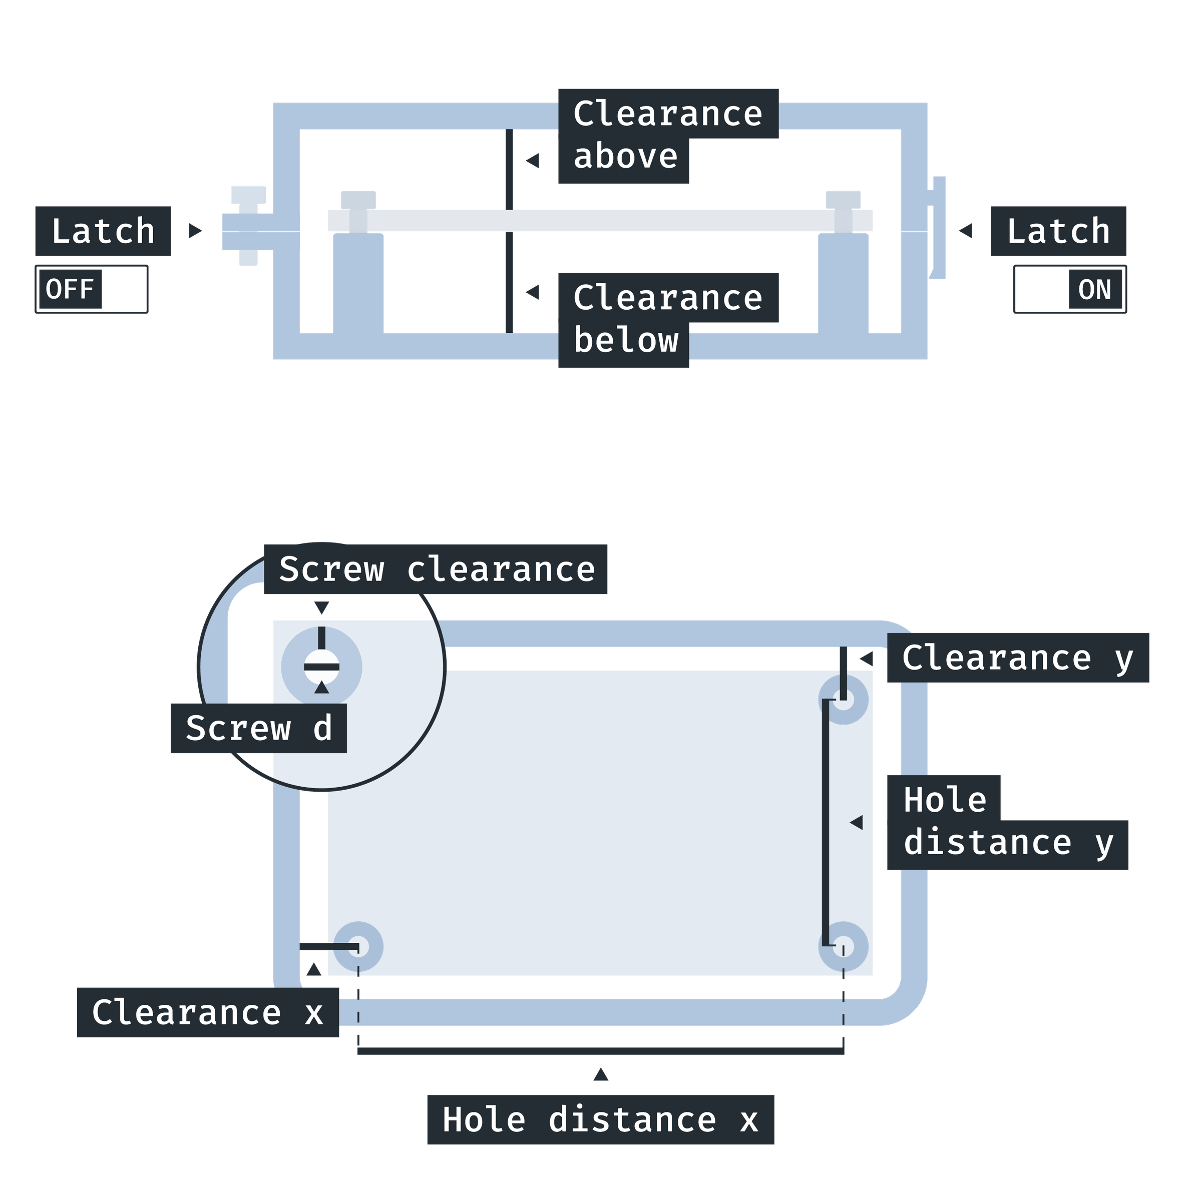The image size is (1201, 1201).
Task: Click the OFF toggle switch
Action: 92,289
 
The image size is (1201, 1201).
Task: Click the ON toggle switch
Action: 1070,289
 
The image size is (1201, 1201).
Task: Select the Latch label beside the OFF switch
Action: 103,231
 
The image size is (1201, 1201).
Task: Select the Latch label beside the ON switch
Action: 1058,231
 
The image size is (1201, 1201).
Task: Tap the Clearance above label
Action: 668,136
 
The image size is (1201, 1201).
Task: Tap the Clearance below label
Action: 668,320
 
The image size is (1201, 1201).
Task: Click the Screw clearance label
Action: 436,569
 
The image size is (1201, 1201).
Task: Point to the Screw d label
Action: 259,729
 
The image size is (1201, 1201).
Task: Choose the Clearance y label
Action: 1018,658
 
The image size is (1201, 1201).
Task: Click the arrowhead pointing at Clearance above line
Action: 532,160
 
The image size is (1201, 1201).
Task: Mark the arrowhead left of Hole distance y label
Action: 857,822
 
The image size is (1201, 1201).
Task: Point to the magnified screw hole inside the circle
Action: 321,667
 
